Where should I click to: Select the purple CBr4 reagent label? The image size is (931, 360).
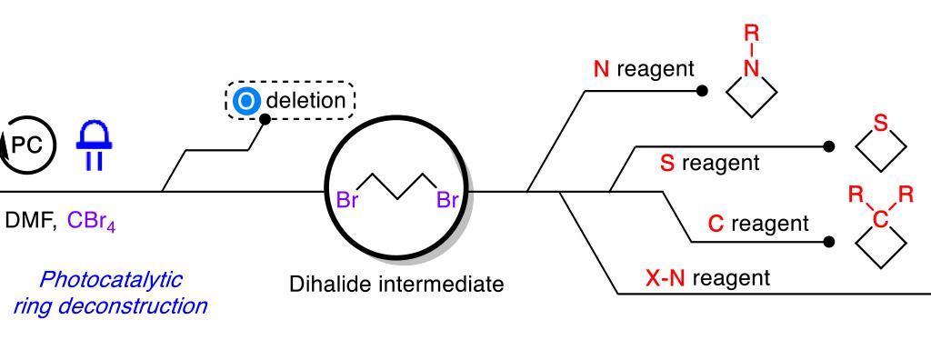pyautogui.click(x=90, y=223)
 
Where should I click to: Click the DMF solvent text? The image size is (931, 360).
pyautogui.click(x=30, y=223)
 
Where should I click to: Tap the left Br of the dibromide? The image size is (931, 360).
pyautogui.click(x=348, y=200)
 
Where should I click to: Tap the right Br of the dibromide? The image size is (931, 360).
pyautogui.click(x=447, y=200)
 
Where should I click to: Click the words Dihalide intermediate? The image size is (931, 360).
pyautogui.click(x=396, y=285)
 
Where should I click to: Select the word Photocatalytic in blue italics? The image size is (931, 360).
pyautogui.click(x=112, y=278)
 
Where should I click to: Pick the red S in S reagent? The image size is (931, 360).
pyautogui.click(x=666, y=164)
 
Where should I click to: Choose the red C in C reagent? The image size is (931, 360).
pyautogui.click(x=716, y=223)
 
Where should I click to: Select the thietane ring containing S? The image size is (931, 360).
pyautogui.click(x=880, y=145)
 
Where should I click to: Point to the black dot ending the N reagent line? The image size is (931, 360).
pyautogui.click(x=702, y=91)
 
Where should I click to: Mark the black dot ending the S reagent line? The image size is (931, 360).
pyautogui.click(x=828, y=145)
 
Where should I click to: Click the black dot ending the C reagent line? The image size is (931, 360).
pyautogui.click(x=828, y=243)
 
